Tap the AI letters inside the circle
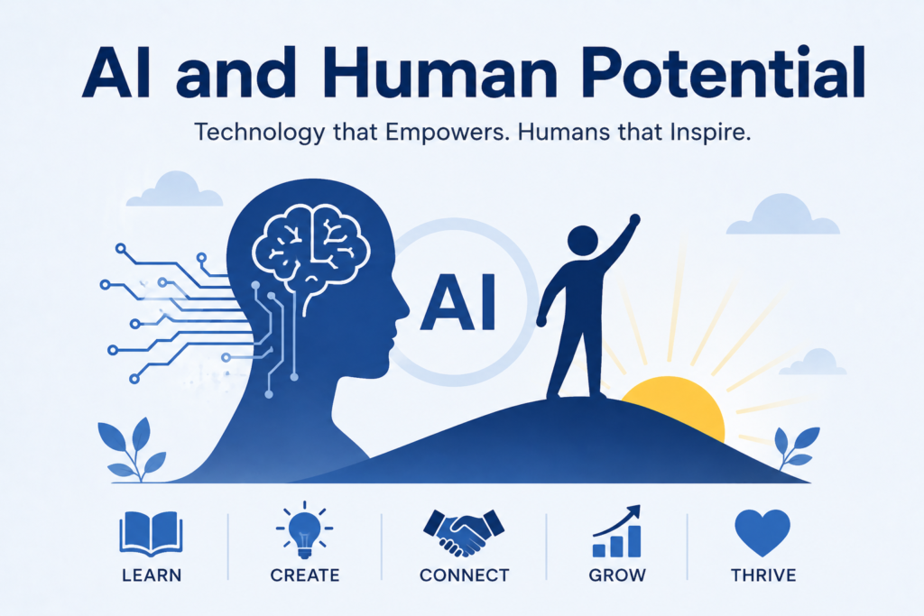[x=457, y=303]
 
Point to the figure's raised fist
[x=634, y=220]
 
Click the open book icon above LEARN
[x=151, y=534]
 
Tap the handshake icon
[x=464, y=532]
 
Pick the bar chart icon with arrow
[x=617, y=531]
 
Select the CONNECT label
[x=465, y=575]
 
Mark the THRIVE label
[x=763, y=575]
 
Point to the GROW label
[x=617, y=575]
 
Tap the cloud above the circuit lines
[x=174, y=189]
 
